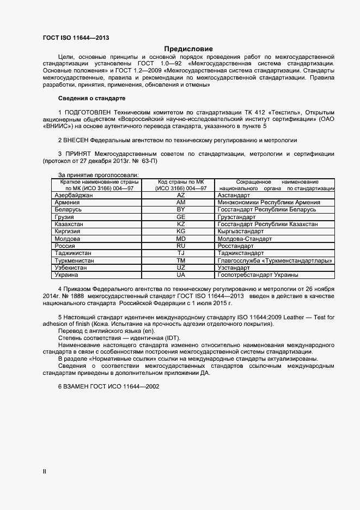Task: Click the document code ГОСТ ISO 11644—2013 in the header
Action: (x=76, y=38)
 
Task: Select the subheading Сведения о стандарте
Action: (x=91, y=98)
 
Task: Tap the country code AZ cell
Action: (x=181, y=195)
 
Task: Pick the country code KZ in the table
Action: (x=181, y=224)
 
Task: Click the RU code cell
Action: (x=181, y=246)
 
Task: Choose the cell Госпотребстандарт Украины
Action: (x=258, y=275)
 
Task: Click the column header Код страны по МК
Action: (x=181, y=181)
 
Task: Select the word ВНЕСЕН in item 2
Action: (x=81, y=140)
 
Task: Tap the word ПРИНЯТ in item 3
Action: (x=80, y=154)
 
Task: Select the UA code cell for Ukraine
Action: (x=181, y=275)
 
